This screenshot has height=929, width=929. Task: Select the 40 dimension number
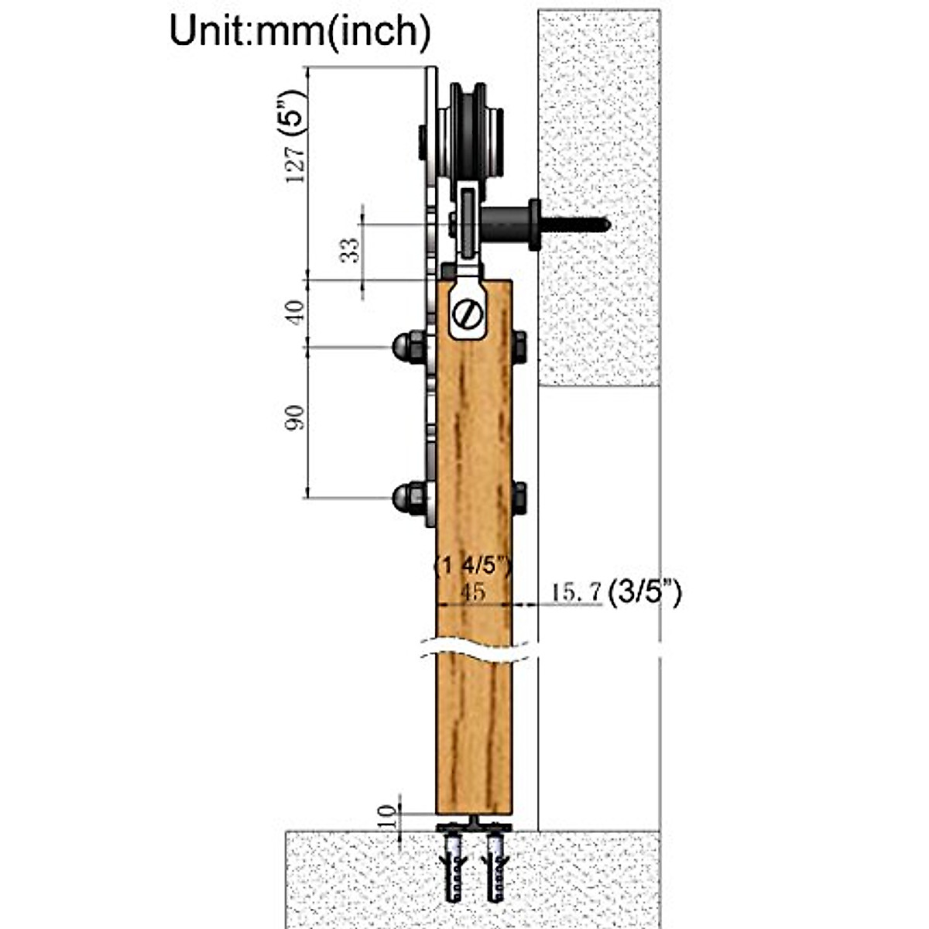tap(296, 312)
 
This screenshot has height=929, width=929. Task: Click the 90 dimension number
tap(296, 418)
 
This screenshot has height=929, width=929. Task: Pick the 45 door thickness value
tap(472, 592)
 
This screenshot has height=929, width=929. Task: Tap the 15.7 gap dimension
tap(576, 591)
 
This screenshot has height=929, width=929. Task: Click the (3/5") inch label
tap(645, 593)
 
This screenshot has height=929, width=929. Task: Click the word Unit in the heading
tap(211, 31)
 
